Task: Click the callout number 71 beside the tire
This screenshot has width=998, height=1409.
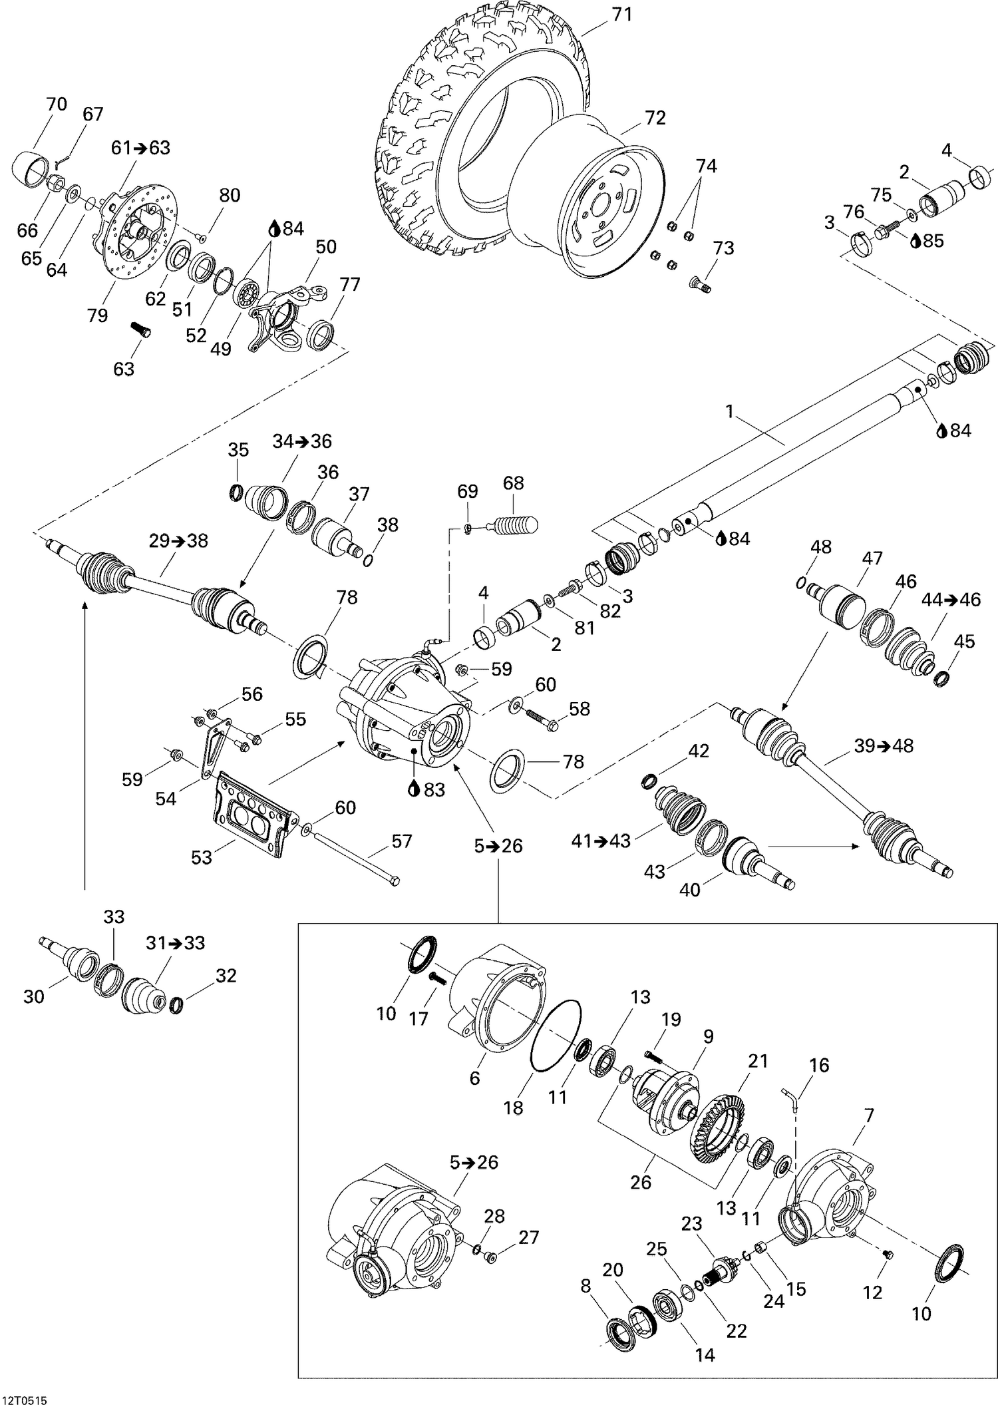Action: pyautogui.click(x=621, y=14)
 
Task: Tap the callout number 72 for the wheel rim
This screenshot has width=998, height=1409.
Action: pyautogui.click(x=655, y=118)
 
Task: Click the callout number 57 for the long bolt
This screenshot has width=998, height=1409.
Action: pyautogui.click(x=401, y=841)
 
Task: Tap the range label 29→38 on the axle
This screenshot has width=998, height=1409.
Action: pyautogui.click(x=178, y=541)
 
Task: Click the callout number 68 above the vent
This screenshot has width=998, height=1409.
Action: pyautogui.click(x=514, y=483)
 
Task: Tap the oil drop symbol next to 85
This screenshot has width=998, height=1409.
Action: pyautogui.click(x=915, y=241)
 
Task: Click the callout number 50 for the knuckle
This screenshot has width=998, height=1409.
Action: pyautogui.click(x=325, y=247)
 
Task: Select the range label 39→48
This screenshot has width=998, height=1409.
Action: pyautogui.click(x=884, y=746)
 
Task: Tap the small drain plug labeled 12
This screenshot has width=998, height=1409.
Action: pyautogui.click(x=887, y=1254)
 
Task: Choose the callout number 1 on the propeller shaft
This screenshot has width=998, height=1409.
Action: pyautogui.click(x=729, y=412)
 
